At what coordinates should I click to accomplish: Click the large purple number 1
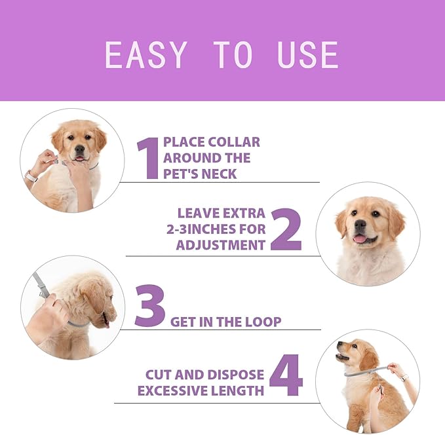pyautogui.click(x=148, y=158)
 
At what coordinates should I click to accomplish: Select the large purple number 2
pyautogui.click(x=285, y=229)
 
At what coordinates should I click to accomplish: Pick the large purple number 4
pyautogui.click(x=286, y=376)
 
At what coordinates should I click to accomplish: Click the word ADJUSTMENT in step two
pyautogui.click(x=221, y=245)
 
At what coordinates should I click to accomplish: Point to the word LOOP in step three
pyautogui.click(x=263, y=322)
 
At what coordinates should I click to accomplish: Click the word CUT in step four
pyautogui.click(x=159, y=375)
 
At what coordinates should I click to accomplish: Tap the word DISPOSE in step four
pyautogui.click(x=233, y=375)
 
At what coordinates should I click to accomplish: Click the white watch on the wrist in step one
pyautogui.click(x=31, y=176)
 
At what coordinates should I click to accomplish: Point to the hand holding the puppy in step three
pyautogui.click(x=46, y=320)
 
